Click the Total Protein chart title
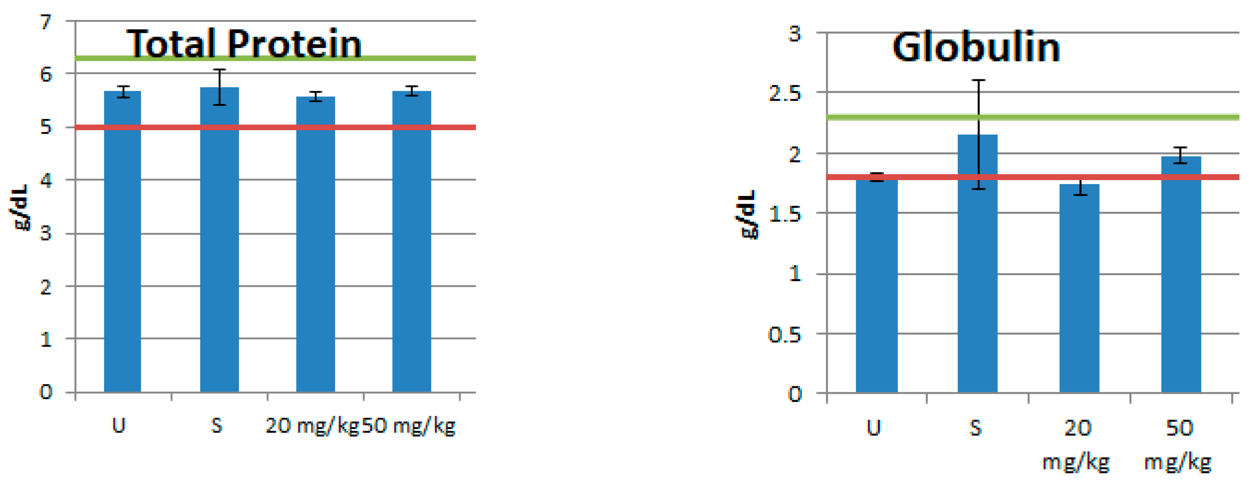244,44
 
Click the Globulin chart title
976,47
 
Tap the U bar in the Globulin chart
876,292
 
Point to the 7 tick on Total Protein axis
46,22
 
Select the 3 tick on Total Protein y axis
46,234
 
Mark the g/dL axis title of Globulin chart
747,214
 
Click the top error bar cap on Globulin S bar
978,80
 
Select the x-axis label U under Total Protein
119,426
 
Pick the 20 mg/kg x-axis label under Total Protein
312,426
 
